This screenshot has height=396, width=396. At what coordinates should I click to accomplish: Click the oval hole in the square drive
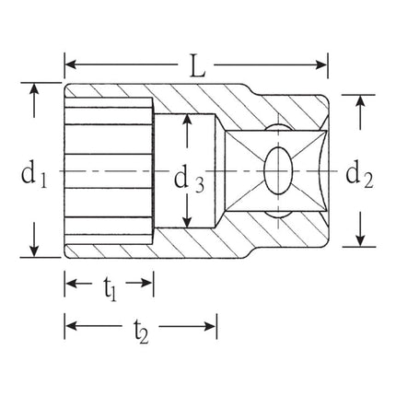pos(275,170)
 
